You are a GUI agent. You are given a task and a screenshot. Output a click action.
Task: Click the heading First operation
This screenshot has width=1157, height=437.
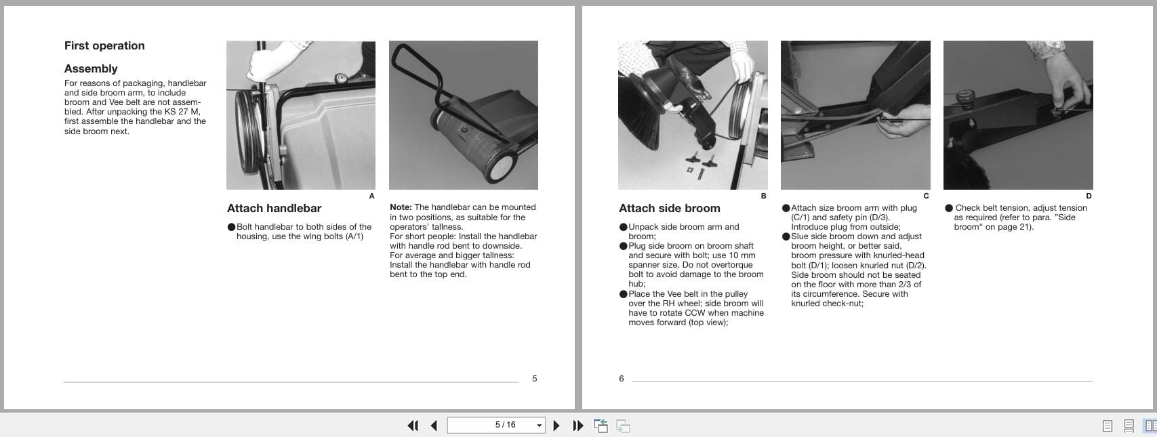104,46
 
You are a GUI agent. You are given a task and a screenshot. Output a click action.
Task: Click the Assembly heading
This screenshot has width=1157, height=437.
91,69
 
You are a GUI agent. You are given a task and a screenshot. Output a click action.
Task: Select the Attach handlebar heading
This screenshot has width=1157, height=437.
274,209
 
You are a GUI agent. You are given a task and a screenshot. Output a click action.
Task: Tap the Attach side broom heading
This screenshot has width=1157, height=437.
669,209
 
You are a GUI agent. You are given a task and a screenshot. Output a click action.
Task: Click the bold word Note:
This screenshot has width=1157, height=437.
401,207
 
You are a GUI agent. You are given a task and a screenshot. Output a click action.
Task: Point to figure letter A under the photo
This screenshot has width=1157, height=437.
371,196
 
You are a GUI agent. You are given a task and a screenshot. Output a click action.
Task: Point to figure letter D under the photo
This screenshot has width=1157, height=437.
1089,196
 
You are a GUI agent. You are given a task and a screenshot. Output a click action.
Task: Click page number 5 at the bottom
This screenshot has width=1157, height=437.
534,379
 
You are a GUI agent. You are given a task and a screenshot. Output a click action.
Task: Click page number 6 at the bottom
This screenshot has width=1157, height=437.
621,379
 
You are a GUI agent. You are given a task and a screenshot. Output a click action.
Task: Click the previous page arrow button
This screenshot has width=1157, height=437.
434,425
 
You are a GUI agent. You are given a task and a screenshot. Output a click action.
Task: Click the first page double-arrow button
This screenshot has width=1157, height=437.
412,425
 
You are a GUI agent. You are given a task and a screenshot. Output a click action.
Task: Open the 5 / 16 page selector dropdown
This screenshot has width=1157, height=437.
539,425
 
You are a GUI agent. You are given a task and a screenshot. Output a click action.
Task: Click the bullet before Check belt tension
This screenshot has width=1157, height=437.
949,208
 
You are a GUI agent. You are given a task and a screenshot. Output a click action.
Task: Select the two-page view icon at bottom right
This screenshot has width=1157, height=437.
1150,425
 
